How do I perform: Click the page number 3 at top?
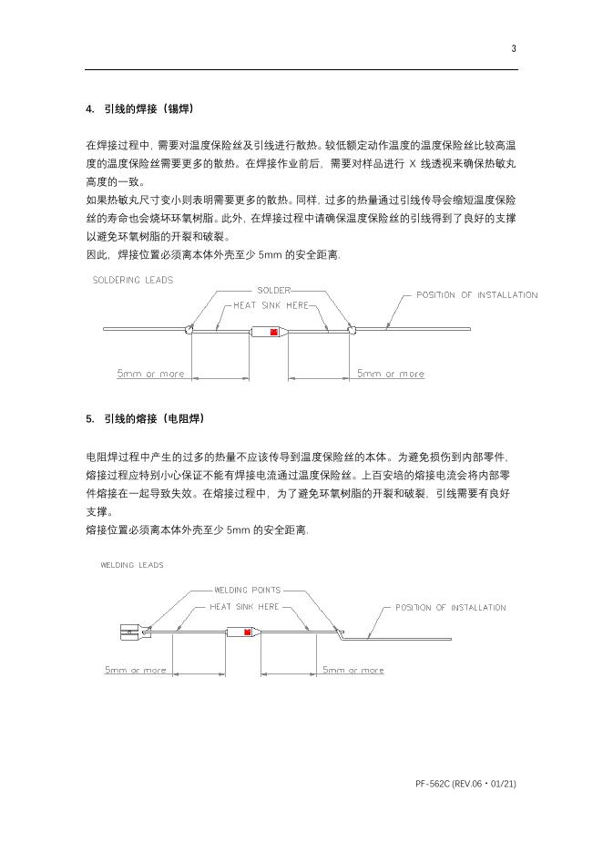pos(514,48)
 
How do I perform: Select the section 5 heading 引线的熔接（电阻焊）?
pos(145,419)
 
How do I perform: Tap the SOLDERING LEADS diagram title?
pos(133,280)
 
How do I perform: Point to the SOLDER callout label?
pos(273,290)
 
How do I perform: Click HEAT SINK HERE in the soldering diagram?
pos(273,305)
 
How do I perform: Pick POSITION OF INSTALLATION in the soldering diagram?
pos(476,294)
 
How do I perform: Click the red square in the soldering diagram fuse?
pos(272,331)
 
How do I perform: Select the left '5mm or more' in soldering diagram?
pos(150,374)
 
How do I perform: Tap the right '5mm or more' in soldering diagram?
pos(390,374)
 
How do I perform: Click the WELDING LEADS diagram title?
pos(132,565)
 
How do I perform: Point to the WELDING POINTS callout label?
pos(247,590)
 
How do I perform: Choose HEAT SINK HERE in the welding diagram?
pos(244,606)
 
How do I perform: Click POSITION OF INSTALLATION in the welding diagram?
pos(450,607)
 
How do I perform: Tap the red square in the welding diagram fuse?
pos(247,632)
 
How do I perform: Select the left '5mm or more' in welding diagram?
pos(136,670)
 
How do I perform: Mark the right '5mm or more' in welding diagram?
pos(353,670)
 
